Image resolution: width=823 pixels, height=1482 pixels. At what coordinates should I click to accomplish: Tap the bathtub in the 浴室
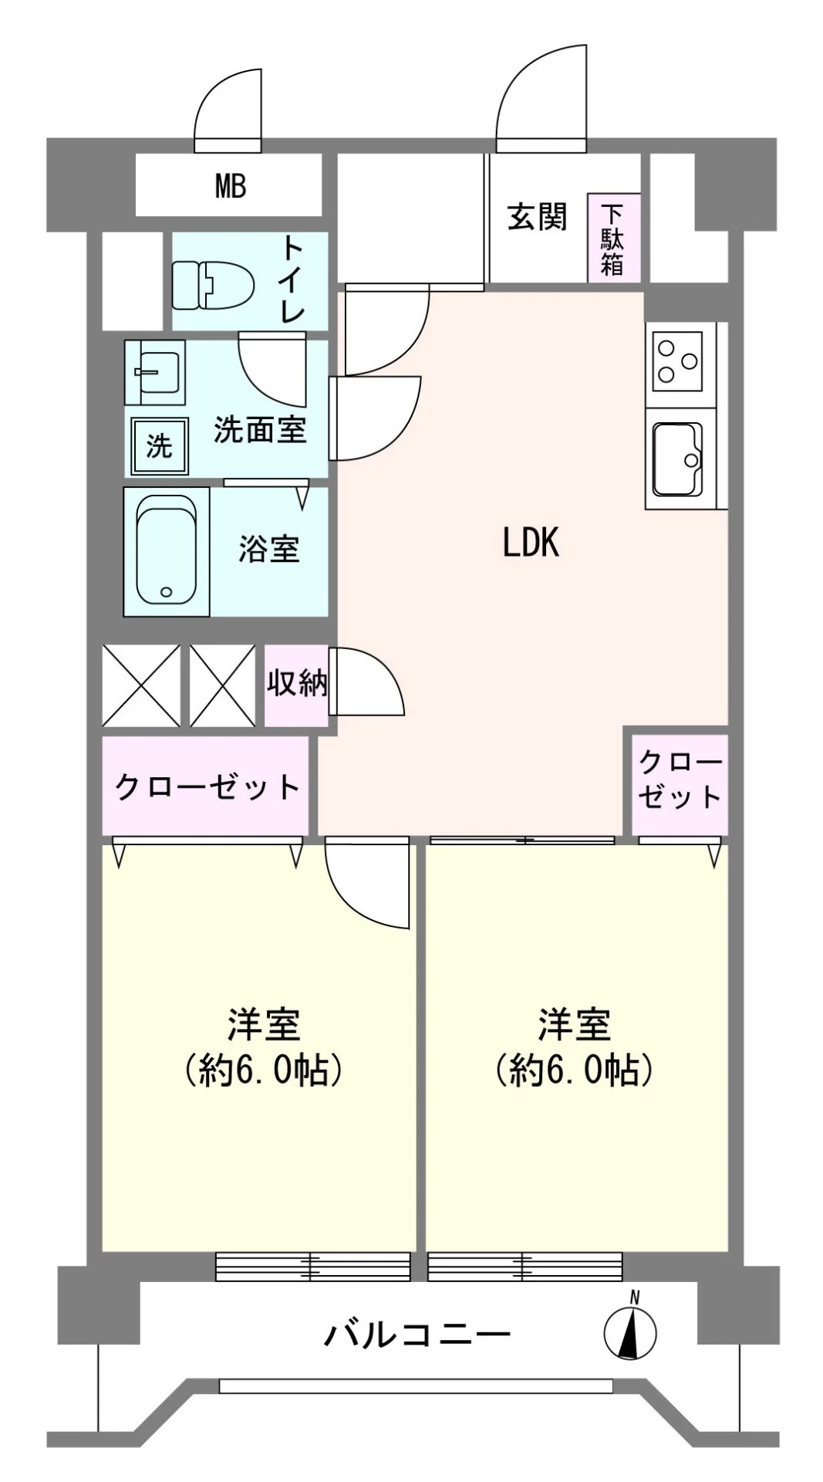coord(167,550)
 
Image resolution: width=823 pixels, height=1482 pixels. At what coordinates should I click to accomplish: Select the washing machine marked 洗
coord(160,445)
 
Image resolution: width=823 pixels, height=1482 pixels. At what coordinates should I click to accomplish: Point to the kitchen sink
coord(678,458)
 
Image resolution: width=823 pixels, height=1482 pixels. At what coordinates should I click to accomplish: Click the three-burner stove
coord(679,360)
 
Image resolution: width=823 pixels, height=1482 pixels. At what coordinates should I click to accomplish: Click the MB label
coord(231,186)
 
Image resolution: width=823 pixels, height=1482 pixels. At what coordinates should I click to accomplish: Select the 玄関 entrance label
coord(537,217)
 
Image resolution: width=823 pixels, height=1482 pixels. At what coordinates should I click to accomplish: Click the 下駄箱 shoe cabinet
coord(614,237)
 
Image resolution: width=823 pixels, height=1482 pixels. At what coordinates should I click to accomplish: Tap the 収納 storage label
coord(297,683)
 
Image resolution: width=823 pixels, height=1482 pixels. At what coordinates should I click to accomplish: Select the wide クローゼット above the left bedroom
coord(207,787)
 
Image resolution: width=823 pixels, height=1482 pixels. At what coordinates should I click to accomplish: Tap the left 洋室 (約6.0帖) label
coord(263,1047)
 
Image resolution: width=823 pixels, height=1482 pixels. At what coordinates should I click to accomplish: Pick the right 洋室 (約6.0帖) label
coord(575,1047)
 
